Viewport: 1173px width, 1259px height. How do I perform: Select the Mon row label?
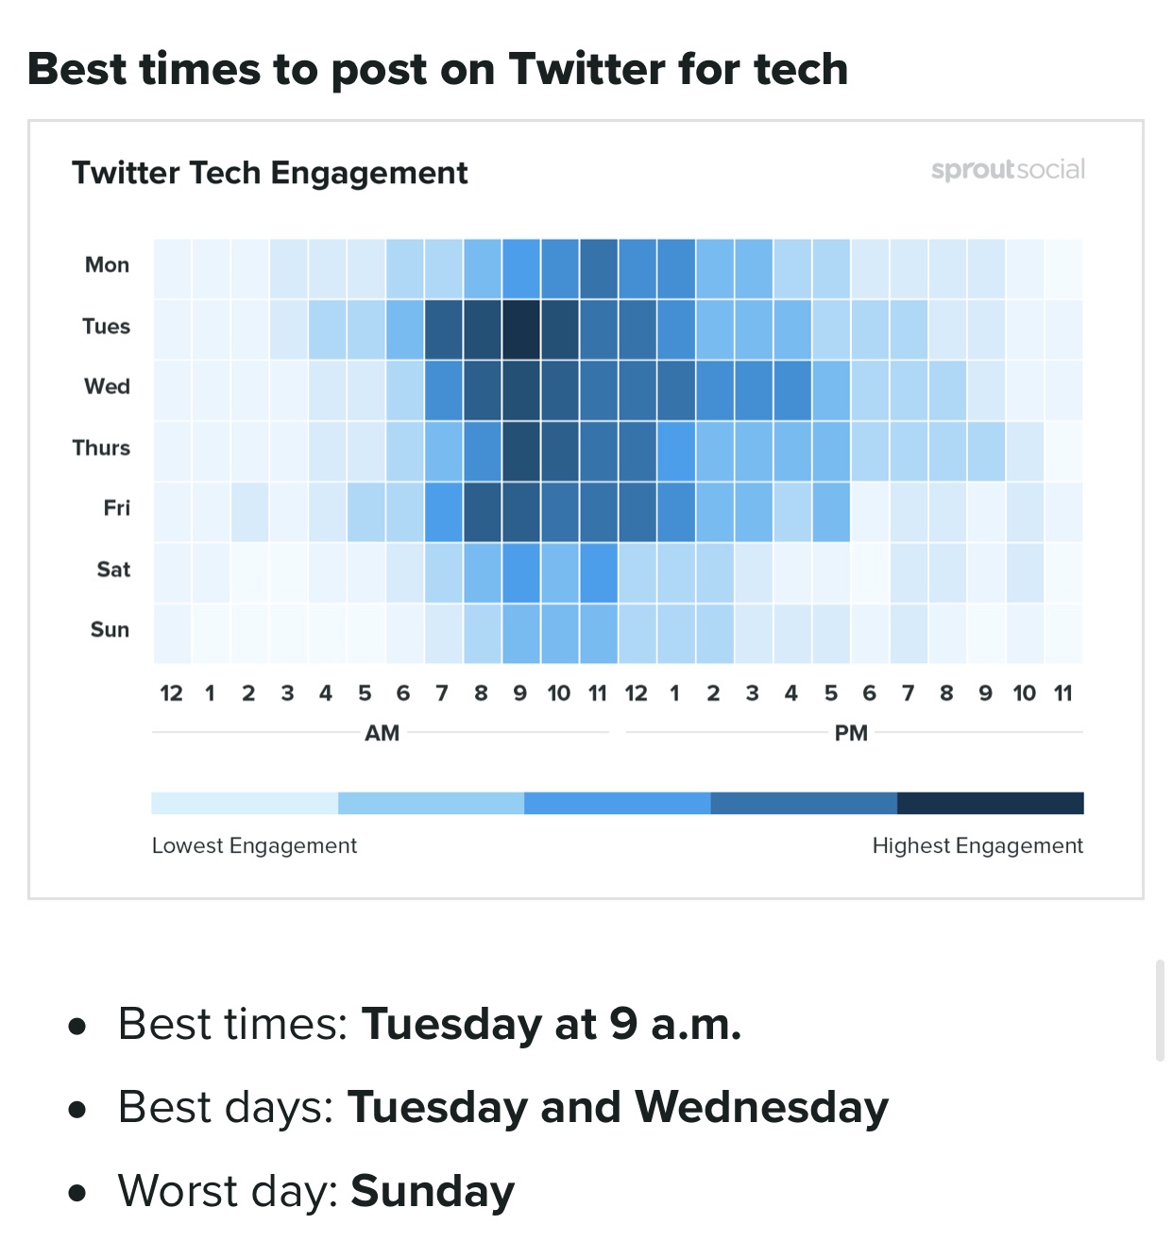tap(107, 265)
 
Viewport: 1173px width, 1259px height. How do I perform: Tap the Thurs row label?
tap(101, 448)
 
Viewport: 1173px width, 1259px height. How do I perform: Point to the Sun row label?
tap(110, 630)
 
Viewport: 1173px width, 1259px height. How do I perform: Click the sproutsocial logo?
tap(1008, 170)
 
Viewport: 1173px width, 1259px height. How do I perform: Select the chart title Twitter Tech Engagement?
tap(270, 174)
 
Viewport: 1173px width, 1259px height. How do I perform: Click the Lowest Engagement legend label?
tap(254, 845)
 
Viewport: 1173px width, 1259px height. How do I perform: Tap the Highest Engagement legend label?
tap(977, 845)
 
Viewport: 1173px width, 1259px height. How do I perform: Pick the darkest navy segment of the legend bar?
tap(990, 803)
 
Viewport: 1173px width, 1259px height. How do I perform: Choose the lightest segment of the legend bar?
tap(245, 803)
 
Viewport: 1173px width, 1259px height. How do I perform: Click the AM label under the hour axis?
tap(382, 733)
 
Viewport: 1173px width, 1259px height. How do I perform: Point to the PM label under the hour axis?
tap(851, 733)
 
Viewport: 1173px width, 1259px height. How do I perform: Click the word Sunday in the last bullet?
tap(433, 1192)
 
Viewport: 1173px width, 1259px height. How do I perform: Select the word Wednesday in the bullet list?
tap(761, 1108)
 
